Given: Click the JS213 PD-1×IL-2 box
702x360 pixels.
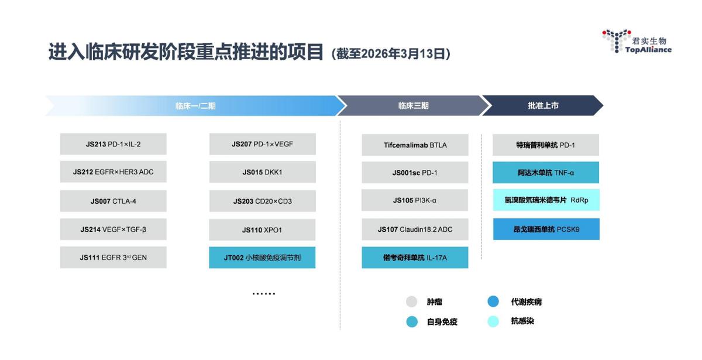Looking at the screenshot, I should (x=113, y=144).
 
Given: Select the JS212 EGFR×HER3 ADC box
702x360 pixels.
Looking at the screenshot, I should (x=113, y=172).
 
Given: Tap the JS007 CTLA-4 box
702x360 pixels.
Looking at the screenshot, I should (x=113, y=201).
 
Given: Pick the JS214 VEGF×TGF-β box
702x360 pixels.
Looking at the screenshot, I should (x=113, y=229).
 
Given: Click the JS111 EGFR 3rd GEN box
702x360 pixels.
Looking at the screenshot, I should (x=113, y=258).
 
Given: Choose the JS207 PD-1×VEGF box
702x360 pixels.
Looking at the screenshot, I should (x=262, y=144).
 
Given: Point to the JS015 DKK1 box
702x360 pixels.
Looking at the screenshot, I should (x=262, y=172).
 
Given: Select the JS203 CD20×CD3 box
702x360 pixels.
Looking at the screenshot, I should (x=262, y=201).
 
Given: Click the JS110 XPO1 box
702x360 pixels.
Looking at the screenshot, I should (x=262, y=229).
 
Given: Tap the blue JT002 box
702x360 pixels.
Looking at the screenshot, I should (x=262, y=258).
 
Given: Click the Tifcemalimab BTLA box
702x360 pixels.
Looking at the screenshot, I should (x=415, y=145).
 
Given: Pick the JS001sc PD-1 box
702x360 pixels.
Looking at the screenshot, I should (x=415, y=173).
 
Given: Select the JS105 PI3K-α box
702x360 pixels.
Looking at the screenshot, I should (x=415, y=200).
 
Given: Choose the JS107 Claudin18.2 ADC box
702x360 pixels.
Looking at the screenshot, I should (x=415, y=229).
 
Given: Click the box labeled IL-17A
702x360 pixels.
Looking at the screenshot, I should (x=415, y=258).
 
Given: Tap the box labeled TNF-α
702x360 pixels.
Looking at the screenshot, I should (x=546, y=173).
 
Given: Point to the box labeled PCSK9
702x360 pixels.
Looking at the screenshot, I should (x=546, y=229).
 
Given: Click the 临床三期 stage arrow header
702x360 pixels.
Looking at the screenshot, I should (x=413, y=106).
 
